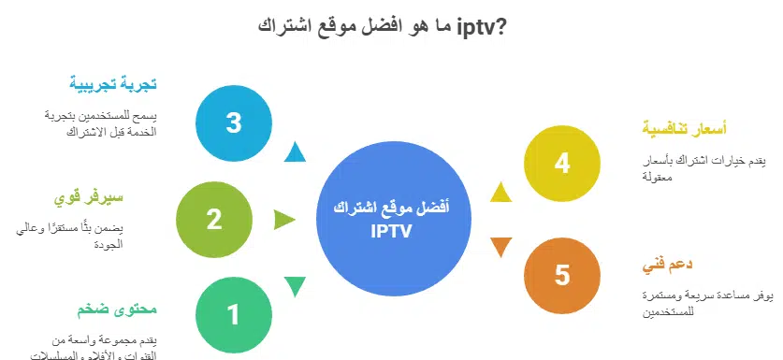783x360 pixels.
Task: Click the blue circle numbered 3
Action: click(x=234, y=122)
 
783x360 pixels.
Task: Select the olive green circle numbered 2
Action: click(x=213, y=220)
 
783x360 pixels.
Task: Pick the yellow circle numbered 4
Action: click(x=561, y=164)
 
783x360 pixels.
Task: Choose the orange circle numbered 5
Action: click(x=561, y=275)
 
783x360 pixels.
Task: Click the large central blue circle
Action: click(x=391, y=220)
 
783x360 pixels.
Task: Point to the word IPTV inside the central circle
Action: click(x=391, y=230)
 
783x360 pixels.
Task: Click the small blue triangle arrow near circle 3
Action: click(x=295, y=152)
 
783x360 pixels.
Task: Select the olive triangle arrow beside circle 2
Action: click(x=283, y=220)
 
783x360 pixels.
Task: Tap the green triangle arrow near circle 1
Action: click(x=295, y=286)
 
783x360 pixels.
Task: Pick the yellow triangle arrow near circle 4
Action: click(x=501, y=193)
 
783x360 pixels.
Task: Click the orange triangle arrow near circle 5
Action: click(x=501, y=247)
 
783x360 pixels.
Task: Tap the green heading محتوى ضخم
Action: click(x=115, y=309)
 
